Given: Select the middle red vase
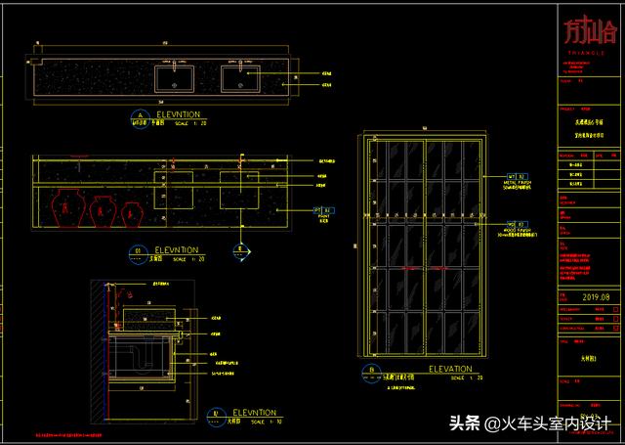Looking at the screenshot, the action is click(x=101, y=208).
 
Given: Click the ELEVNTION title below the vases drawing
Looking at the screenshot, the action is click(x=177, y=250).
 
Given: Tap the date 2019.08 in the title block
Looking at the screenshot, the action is click(x=595, y=297).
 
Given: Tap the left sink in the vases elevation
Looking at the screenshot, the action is click(x=178, y=189).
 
